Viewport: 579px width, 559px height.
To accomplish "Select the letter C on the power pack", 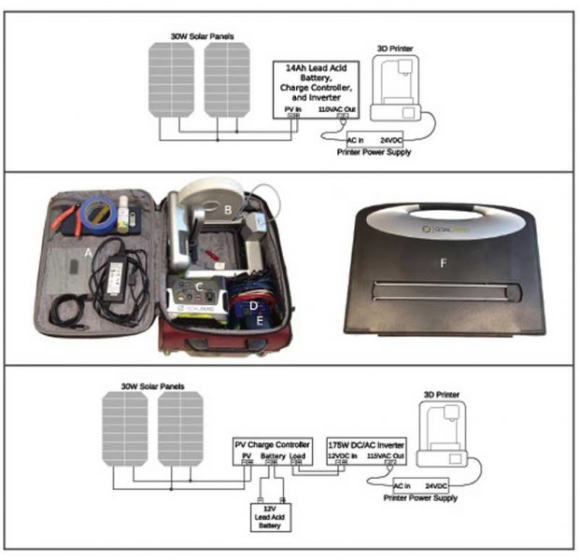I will pyautogui.click(x=198, y=283).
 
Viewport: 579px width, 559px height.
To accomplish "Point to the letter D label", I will pyautogui.click(x=251, y=304).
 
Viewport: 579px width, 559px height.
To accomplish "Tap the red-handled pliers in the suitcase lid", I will pyautogui.click(x=65, y=217).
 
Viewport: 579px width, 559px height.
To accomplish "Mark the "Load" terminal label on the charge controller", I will pyautogui.click(x=298, y=454).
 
